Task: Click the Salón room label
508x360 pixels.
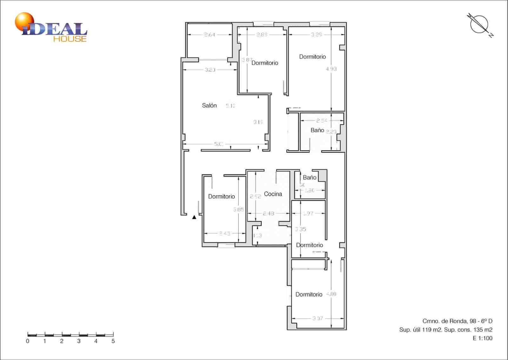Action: (209, 105)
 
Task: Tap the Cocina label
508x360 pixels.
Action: (273, 194)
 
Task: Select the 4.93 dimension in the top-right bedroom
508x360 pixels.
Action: (331, 69)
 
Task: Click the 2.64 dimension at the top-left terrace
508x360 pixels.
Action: (210, 35)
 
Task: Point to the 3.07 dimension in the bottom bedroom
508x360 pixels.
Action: (317, 318)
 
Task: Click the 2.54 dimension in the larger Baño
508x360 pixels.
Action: (322, 120)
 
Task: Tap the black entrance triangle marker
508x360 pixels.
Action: (194, 217)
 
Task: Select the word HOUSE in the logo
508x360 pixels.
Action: (70, 39)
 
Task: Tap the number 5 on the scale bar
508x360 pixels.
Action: (113, 341)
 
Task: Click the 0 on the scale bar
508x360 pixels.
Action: (28, 341)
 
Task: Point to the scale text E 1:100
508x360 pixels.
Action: (483, 338)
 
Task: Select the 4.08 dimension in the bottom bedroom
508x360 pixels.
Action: (331, 294)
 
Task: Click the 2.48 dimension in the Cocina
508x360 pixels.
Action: (268, 214)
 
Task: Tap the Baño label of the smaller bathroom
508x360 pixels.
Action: (310, 177)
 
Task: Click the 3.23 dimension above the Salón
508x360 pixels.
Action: (210, 70)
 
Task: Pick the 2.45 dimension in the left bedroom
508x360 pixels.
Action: (224, 233)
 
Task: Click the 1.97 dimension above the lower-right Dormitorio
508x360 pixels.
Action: (308, 214)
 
